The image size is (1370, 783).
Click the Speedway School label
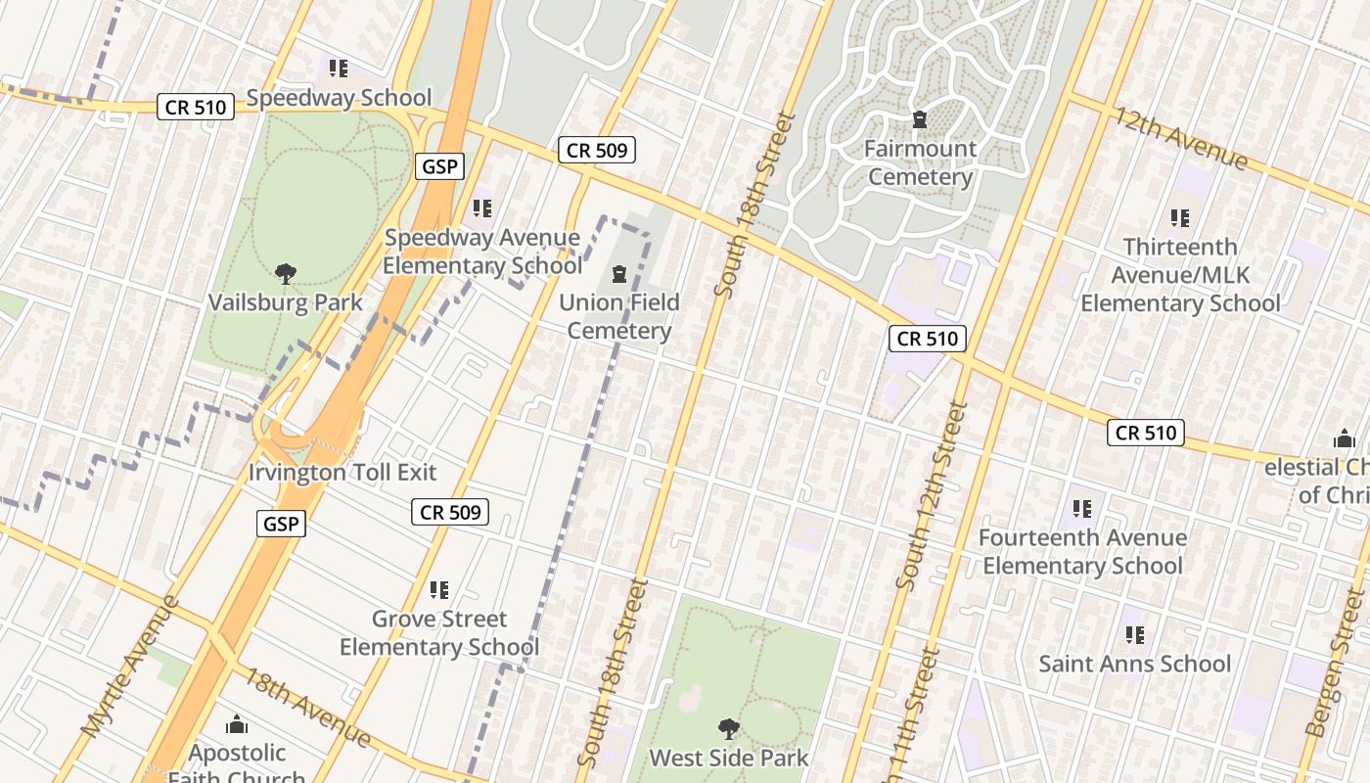339,98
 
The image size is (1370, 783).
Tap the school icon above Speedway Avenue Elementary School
481,208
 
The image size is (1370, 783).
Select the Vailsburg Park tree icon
285,274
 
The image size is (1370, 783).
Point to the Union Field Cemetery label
618,316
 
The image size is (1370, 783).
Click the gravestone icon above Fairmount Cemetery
919,120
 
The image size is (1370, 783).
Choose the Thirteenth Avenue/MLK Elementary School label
1179,275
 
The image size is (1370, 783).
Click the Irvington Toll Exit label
342,472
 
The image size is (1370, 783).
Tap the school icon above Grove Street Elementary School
439,590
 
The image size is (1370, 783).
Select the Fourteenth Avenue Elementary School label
1082,552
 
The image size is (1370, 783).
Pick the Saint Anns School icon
1134,635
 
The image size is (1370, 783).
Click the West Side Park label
729,758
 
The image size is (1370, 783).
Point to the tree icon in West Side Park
728,728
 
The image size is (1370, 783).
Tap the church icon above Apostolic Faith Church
236,725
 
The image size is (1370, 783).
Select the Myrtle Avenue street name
131,666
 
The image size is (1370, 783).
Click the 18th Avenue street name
306,707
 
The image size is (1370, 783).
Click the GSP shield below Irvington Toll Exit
283,524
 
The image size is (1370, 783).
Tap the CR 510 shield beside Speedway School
196,108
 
